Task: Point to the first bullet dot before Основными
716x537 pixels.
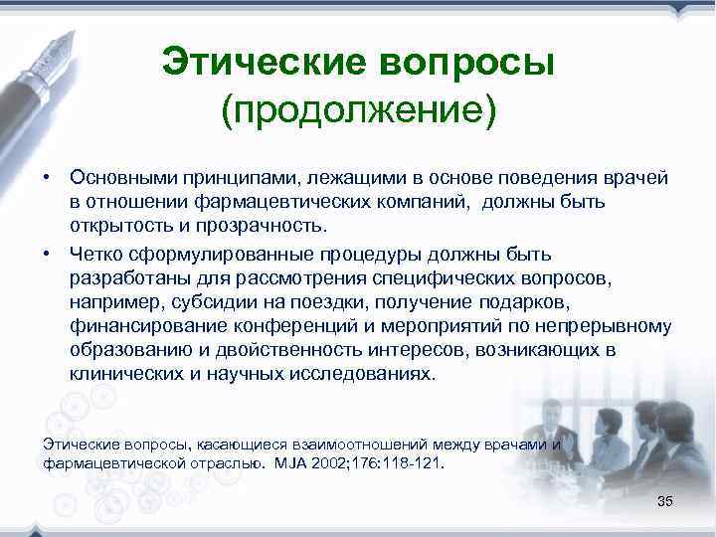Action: point(46,177)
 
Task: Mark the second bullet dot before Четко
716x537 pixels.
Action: point(46,254)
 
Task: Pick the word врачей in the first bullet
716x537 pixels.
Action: point(642,177)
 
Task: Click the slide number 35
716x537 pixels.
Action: point(665,500)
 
